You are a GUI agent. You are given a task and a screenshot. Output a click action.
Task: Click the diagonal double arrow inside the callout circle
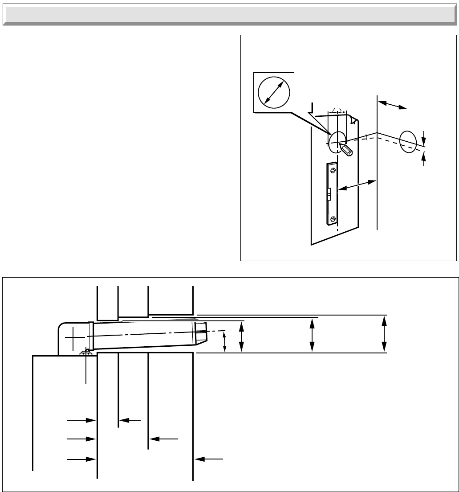[274, 91]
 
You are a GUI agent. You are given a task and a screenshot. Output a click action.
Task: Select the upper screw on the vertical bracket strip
[332, 170]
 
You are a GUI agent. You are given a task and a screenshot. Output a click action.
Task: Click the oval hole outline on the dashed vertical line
[408, 141]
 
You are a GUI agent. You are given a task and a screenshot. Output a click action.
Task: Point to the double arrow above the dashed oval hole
[392, 104]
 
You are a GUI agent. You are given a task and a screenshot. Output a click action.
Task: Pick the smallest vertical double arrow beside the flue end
[224, 342]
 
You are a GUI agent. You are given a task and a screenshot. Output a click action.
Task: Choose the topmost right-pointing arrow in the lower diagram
[82, 420]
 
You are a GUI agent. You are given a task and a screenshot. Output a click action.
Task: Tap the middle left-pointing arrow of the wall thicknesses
[164, 439]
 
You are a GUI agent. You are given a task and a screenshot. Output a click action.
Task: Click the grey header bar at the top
[229, 15]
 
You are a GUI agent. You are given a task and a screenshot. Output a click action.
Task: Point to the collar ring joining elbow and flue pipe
[91, 336]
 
